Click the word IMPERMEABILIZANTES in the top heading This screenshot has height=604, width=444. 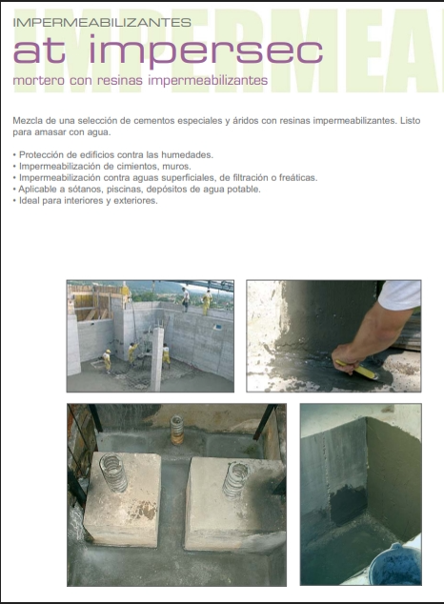(102, 22)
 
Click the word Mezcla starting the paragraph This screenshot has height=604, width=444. (27, 121)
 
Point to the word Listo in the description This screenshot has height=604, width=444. (410, 121)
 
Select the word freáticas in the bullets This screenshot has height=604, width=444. (298, 177)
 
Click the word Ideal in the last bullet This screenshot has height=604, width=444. (30, 201)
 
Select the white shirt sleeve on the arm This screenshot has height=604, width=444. (400, 294)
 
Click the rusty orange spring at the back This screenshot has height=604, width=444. (177, 430)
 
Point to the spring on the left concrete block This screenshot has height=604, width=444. (114, 473)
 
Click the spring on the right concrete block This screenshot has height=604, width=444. (235, 480)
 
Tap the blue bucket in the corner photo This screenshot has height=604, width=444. (394, 565)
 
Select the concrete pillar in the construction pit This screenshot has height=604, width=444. (157, 359)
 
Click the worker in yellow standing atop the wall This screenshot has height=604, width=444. (207, 302)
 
